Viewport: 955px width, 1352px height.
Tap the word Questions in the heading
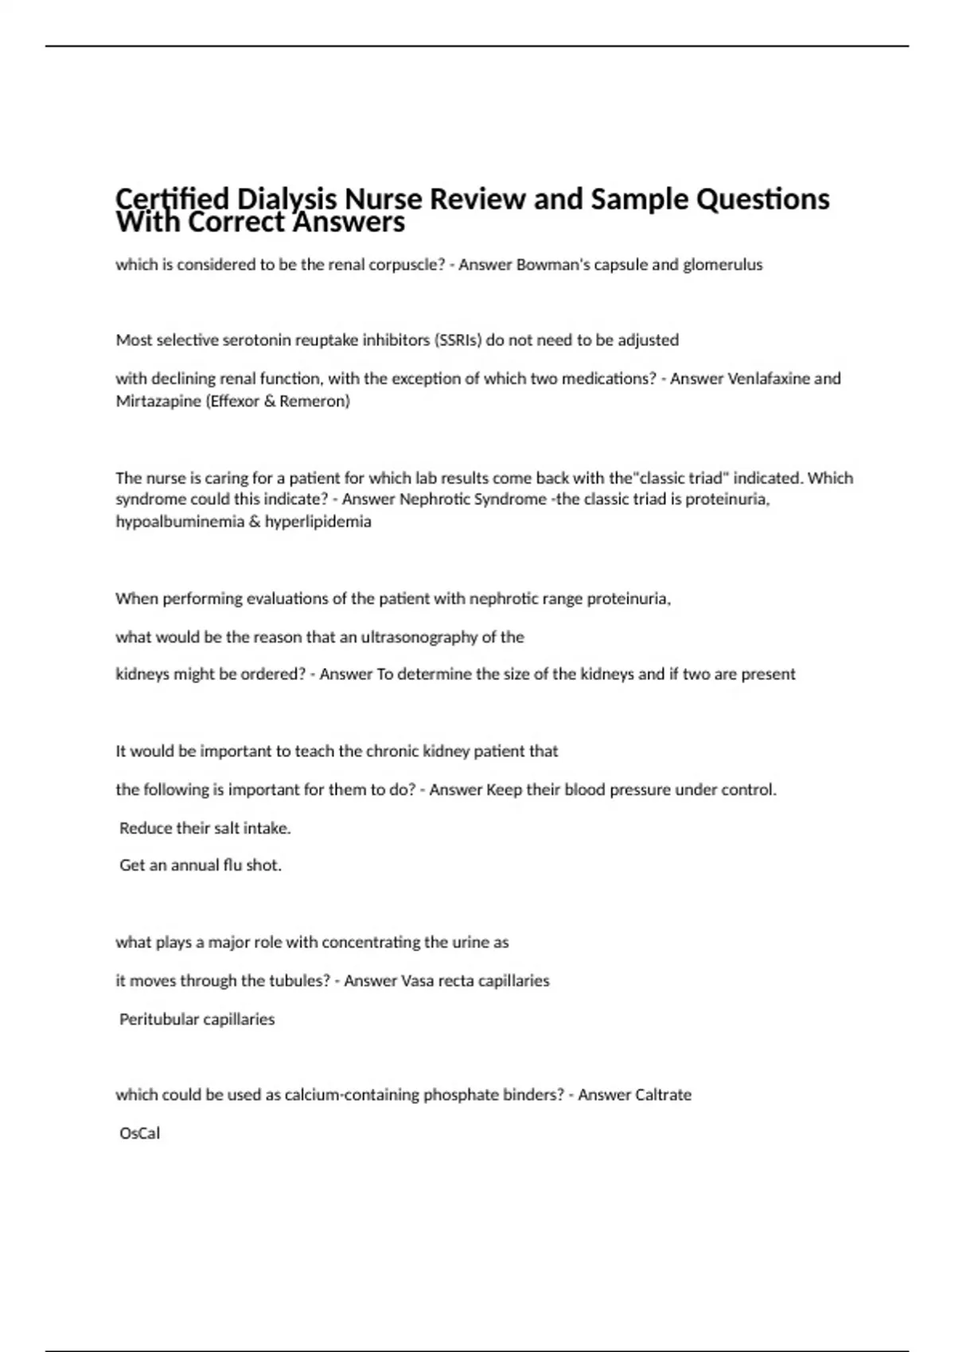tap(762, 199)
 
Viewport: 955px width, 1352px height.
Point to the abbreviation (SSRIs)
tap(458, 340)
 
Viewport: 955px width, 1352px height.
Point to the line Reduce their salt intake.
tap(205, 828)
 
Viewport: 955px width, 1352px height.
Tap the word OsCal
tap(139, 1133)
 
